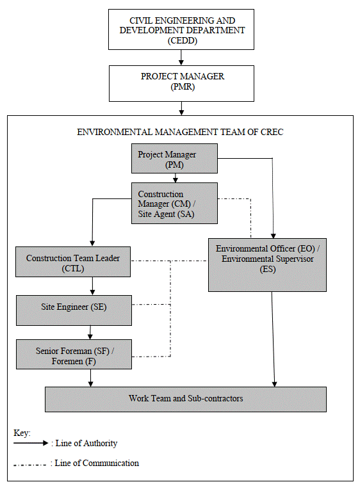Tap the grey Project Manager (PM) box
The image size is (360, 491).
174,159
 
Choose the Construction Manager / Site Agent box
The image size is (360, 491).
174,204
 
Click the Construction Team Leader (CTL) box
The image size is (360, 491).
73,262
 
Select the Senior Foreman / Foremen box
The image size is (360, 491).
73,355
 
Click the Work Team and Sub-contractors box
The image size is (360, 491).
186,399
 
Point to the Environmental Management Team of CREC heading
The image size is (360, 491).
180,133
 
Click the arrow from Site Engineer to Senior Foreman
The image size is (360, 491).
90,332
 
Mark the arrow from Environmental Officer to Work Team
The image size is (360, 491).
274,339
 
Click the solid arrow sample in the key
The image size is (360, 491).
31,443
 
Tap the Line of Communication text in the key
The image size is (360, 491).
97,463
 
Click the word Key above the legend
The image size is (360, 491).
22,433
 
